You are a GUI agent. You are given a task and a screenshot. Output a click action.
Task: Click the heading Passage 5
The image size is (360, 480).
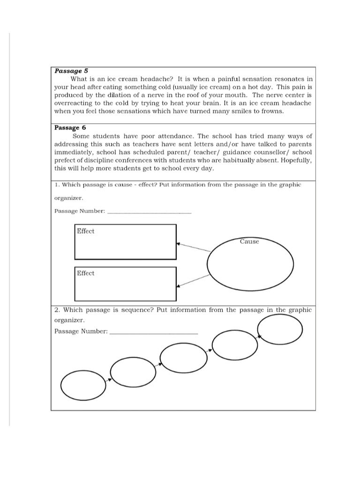[71, 71]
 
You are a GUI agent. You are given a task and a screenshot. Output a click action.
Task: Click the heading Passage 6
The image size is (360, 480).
[70, 127]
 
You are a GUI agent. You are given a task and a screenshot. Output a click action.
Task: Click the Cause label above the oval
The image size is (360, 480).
[249, 241]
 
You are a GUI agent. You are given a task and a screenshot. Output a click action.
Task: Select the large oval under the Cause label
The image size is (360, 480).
[250, 265]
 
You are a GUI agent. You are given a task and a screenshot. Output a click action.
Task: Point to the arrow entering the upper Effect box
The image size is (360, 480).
[193, 247]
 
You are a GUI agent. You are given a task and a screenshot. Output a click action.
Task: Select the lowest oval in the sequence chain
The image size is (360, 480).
[83, 385]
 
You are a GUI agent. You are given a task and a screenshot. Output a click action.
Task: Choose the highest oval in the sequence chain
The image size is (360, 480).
[280, 329]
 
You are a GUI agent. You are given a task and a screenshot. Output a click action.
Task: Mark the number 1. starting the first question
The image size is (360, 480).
[57, 185]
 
